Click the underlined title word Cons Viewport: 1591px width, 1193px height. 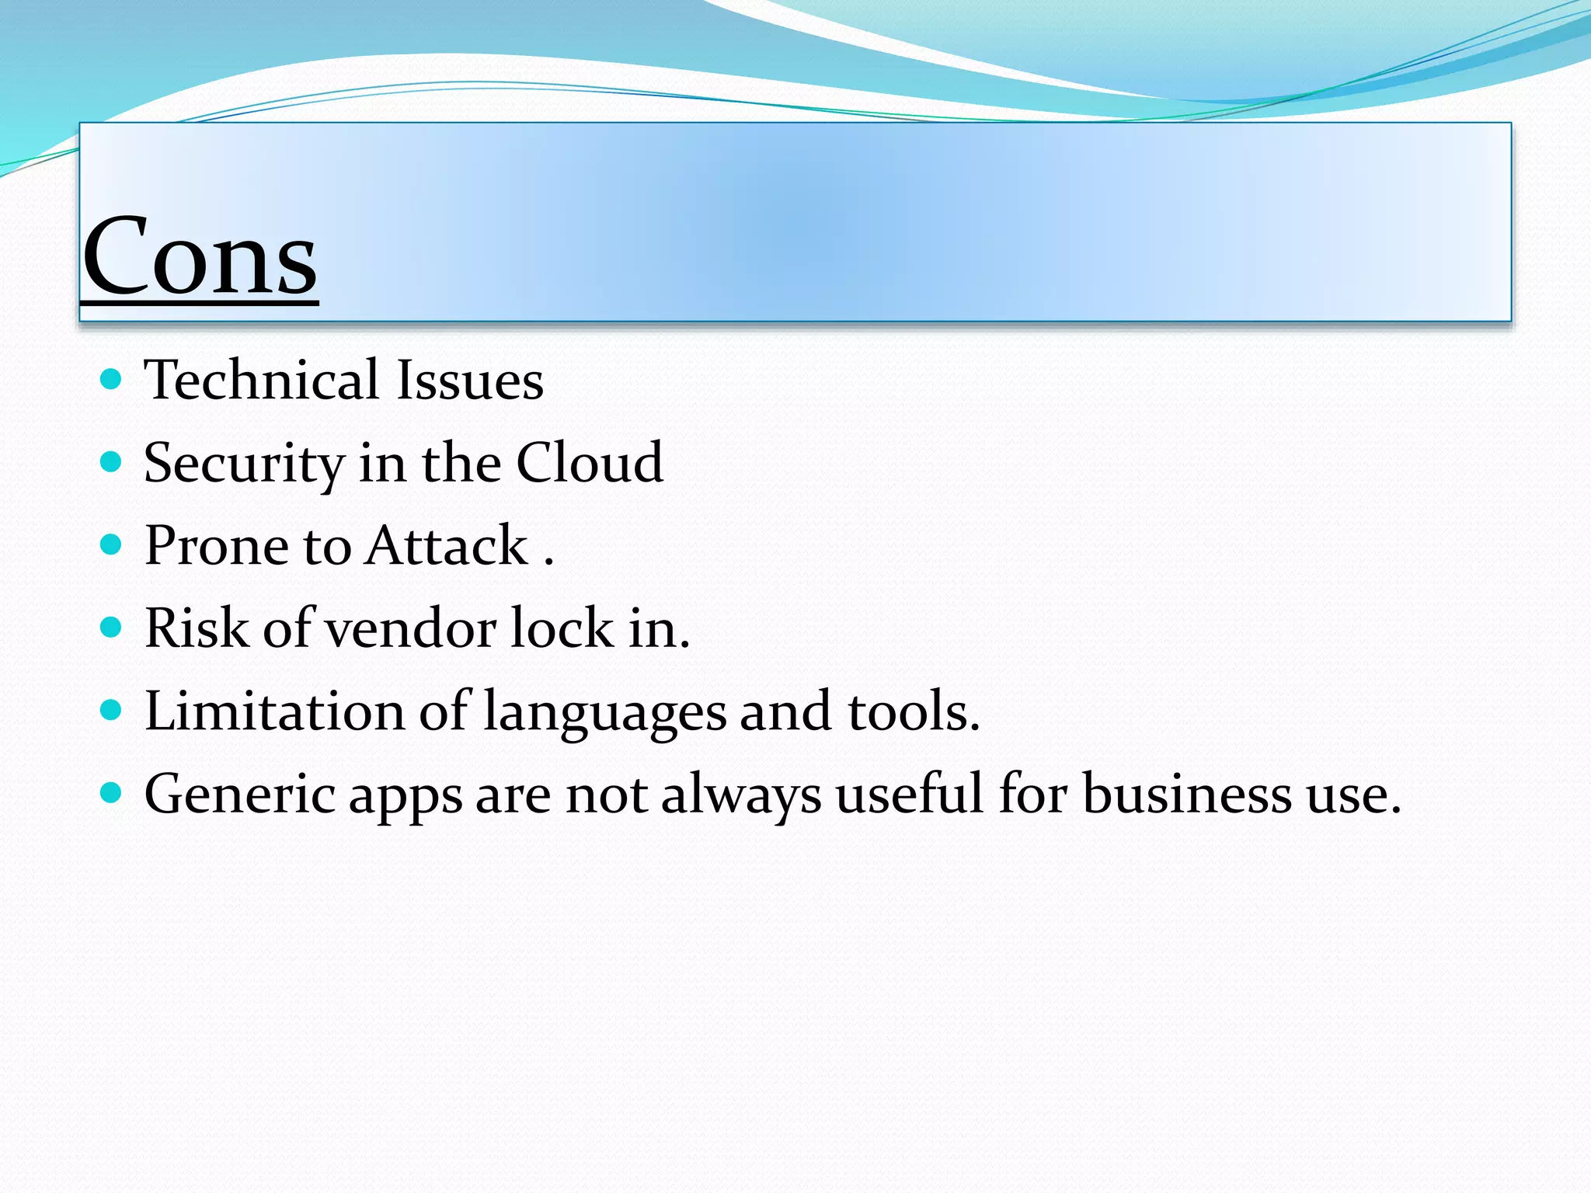click(200, 256)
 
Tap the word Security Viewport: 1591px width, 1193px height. click(244, 464)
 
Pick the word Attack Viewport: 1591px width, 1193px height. click(447, 545)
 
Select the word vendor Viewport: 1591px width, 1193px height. click(410, 628)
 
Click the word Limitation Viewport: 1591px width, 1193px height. click(274, 711)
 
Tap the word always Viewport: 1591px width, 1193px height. click(740, 795)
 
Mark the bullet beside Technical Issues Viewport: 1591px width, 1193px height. click(112, 380)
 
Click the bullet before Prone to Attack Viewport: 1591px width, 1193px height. click(112, 544)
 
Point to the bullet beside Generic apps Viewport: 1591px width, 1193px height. click(112, 793)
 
